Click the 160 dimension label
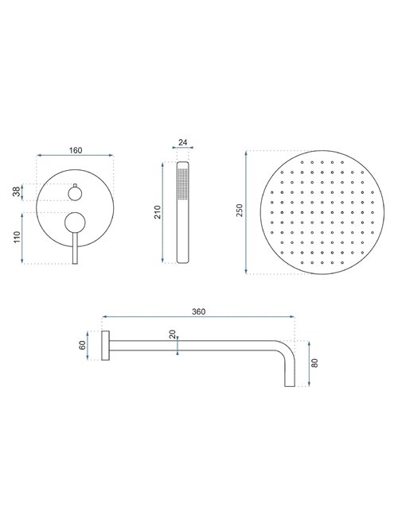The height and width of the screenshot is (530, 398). pos(76,150)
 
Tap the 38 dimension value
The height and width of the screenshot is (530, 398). pos(16,192)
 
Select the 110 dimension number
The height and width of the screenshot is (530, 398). pos(18,238)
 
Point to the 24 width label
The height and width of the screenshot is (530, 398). pos(182,142)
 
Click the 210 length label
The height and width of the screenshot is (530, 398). pos(158,212)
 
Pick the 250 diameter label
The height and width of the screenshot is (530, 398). pos(240,211)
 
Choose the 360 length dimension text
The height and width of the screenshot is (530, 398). pos(198,311)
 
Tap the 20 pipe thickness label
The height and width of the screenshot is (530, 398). pos(173,335)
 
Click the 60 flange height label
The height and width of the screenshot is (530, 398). pos(82,345)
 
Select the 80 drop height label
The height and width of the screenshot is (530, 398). pos(314,363)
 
